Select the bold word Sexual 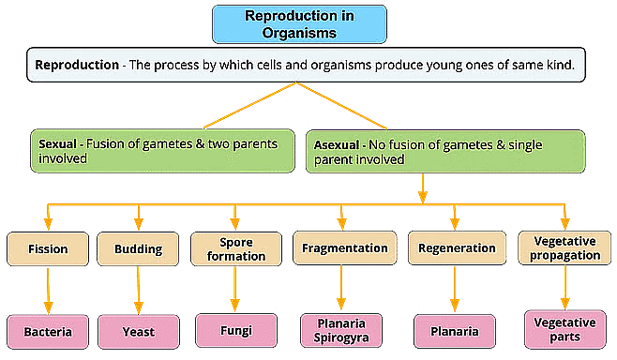pos(59,145)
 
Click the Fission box pos(48,249)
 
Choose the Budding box pos(138,249)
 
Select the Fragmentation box pos(344,248)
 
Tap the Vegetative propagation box pos(563,248)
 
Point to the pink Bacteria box pos(48,331)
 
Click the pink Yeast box pos(138,331)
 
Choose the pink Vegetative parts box pos(564,329)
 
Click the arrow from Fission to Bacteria pos(48,291)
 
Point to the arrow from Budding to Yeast pos(138,291)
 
